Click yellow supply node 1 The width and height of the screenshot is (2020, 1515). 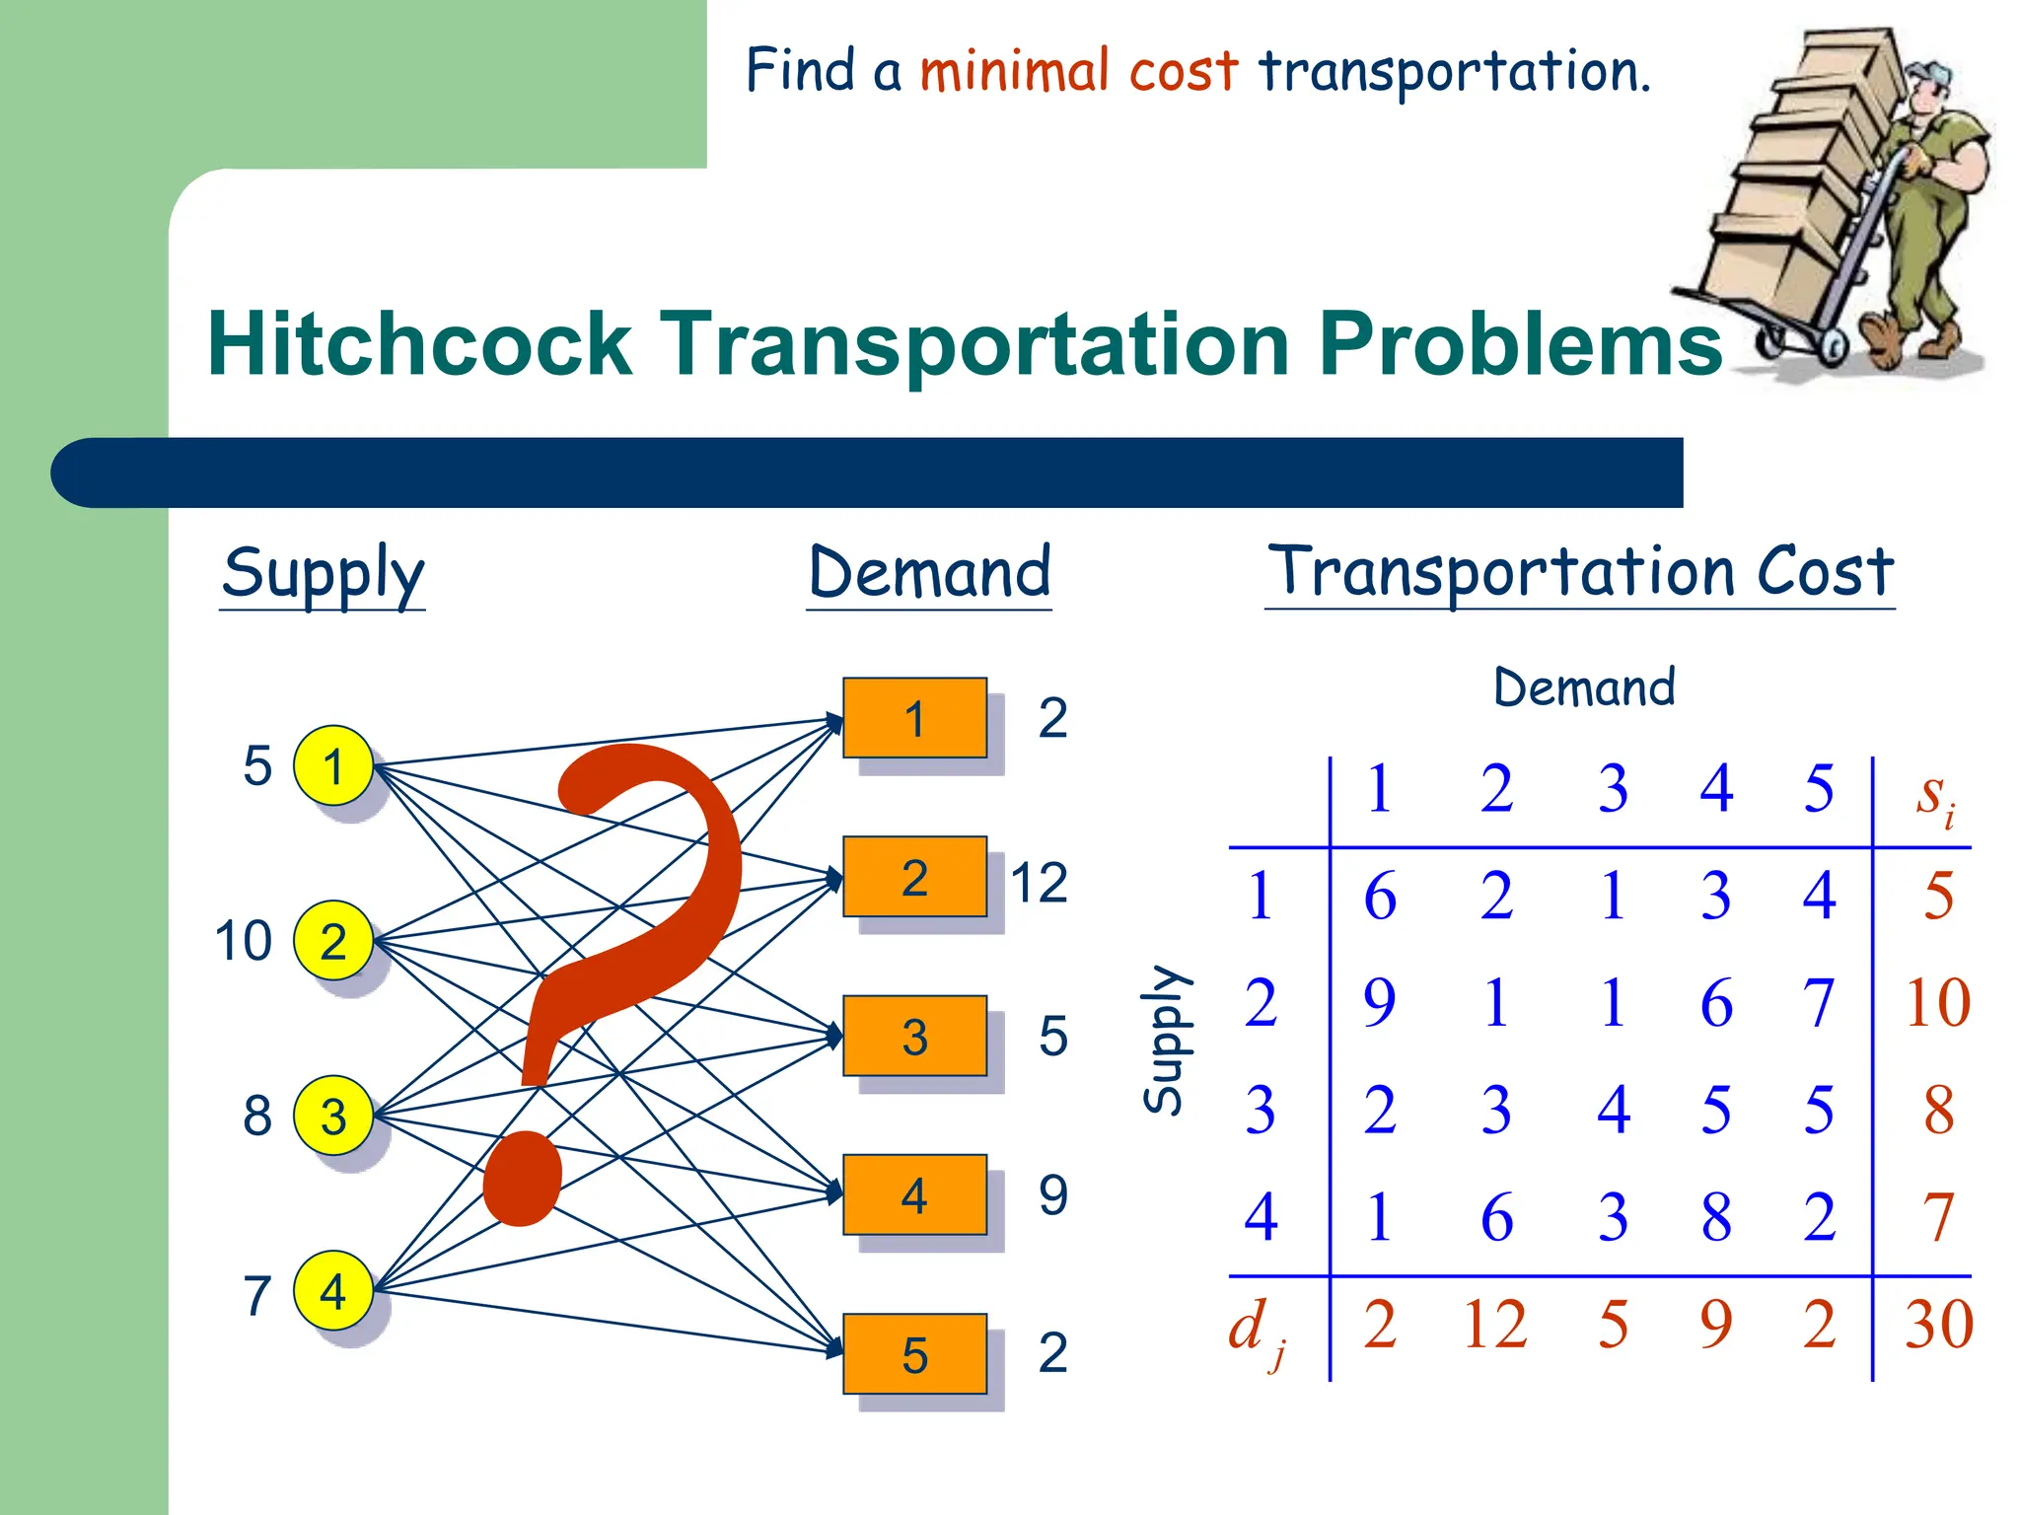coord(333,765)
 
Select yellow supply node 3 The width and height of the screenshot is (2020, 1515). coord(333,1116)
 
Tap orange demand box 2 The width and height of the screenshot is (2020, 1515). coord(914,877)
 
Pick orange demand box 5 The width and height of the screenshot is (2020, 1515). coord(914,1353)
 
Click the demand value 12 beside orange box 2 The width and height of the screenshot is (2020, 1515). coord(1039,882)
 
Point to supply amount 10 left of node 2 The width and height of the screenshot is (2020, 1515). coord(243,941)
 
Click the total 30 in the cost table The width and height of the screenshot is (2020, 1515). coord(1938,1324)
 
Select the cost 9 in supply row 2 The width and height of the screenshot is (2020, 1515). coord(1379,1003)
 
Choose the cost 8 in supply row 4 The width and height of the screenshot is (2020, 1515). coord(1716,1217)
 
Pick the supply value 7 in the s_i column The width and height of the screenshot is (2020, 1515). coord(1938,1217)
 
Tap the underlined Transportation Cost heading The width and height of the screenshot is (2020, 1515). coord(1580,572)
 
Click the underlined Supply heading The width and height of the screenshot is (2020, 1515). coord(323,574)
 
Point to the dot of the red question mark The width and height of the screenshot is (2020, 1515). coord(523,1179)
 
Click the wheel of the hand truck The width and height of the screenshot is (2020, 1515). coord(1833,346)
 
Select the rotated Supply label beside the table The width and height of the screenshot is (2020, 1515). coord(1166,1040)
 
